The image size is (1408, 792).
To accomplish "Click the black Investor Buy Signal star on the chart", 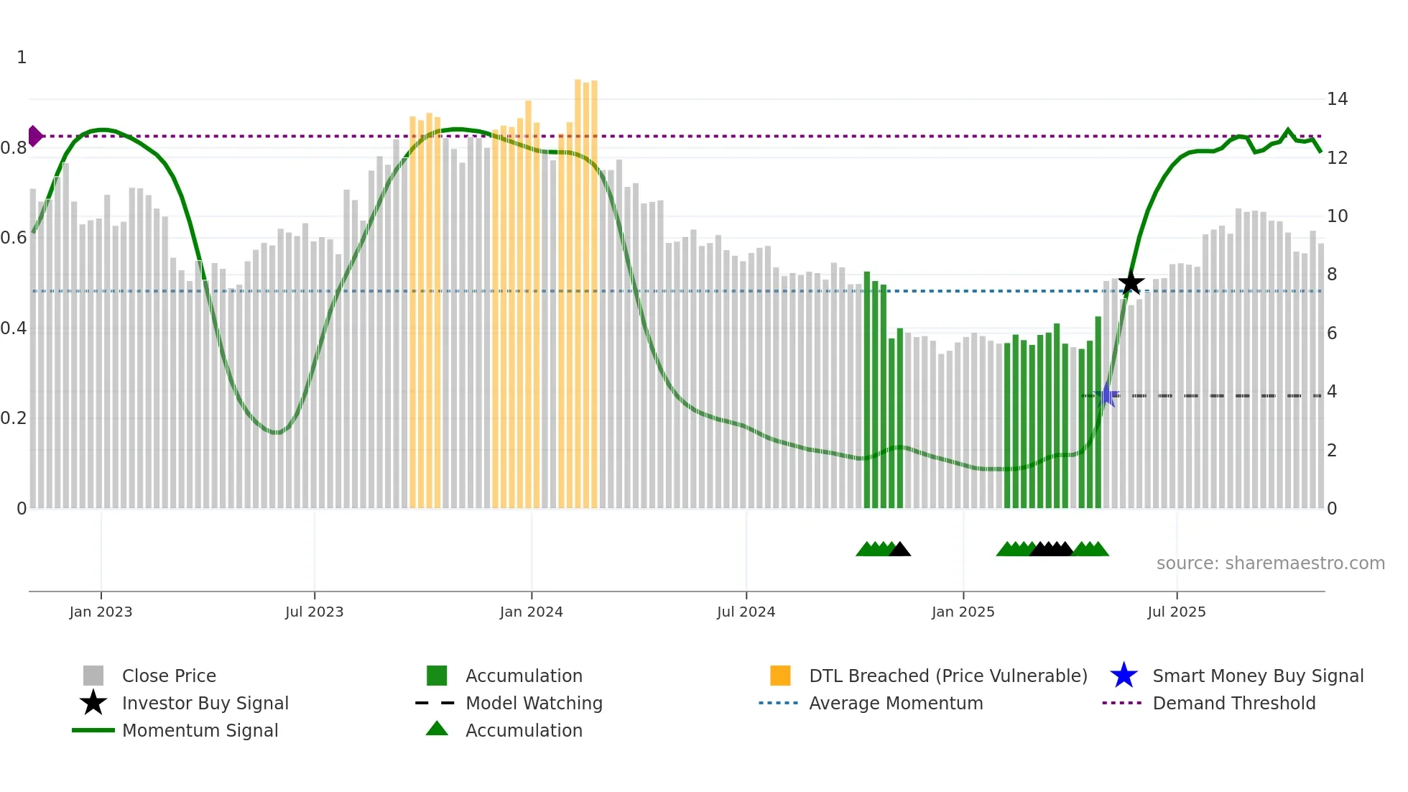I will (1131, 282).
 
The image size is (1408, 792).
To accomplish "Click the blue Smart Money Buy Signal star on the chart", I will (1107, 395).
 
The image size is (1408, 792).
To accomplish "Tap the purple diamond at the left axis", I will (34, 136).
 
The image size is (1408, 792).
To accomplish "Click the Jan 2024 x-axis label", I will (531, 612).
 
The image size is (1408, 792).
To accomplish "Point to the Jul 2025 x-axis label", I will (1176, 612).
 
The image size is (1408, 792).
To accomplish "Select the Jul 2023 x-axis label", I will (314, 612).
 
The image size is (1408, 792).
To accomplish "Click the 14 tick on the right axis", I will (1337, 99).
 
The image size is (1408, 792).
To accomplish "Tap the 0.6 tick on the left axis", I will (14, 238).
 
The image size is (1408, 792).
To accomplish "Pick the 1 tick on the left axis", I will (22, 57).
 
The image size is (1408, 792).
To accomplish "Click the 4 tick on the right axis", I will (1332, 392).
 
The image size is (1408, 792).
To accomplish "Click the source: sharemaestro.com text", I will (1270, 563).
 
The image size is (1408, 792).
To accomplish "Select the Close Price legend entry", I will (169, 676).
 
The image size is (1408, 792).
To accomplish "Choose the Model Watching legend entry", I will (534, 703).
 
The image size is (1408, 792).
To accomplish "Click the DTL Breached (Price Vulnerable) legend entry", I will (948, 676).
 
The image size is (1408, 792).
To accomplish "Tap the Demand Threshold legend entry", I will (1233, 703).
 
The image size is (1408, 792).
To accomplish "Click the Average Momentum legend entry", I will (896, 703).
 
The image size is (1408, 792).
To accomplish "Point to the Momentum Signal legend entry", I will (200, 730).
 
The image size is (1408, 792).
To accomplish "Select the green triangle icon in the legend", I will (437, 729).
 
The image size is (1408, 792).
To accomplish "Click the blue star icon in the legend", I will (1124, 676).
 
